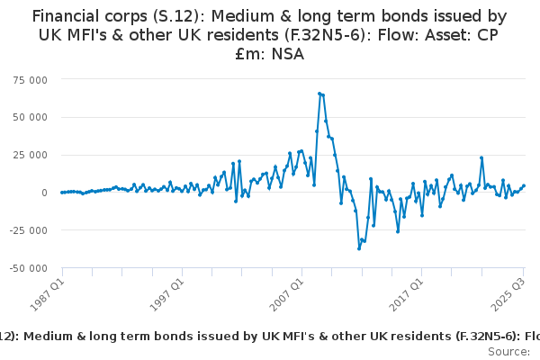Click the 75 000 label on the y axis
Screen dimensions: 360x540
tap(31, 79)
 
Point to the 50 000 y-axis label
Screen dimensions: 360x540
tap(31, 117)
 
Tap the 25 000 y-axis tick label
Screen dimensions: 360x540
tap(31, 155)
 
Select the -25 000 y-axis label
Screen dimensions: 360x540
tap(30, 230)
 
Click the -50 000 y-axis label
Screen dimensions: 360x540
tap(30, 268)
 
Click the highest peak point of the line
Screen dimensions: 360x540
tap(319, 93)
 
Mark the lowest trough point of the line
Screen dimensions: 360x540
tap(359, 248)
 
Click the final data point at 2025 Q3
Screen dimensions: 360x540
tap(524, 185)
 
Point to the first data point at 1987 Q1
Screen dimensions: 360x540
tap(62, 193)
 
